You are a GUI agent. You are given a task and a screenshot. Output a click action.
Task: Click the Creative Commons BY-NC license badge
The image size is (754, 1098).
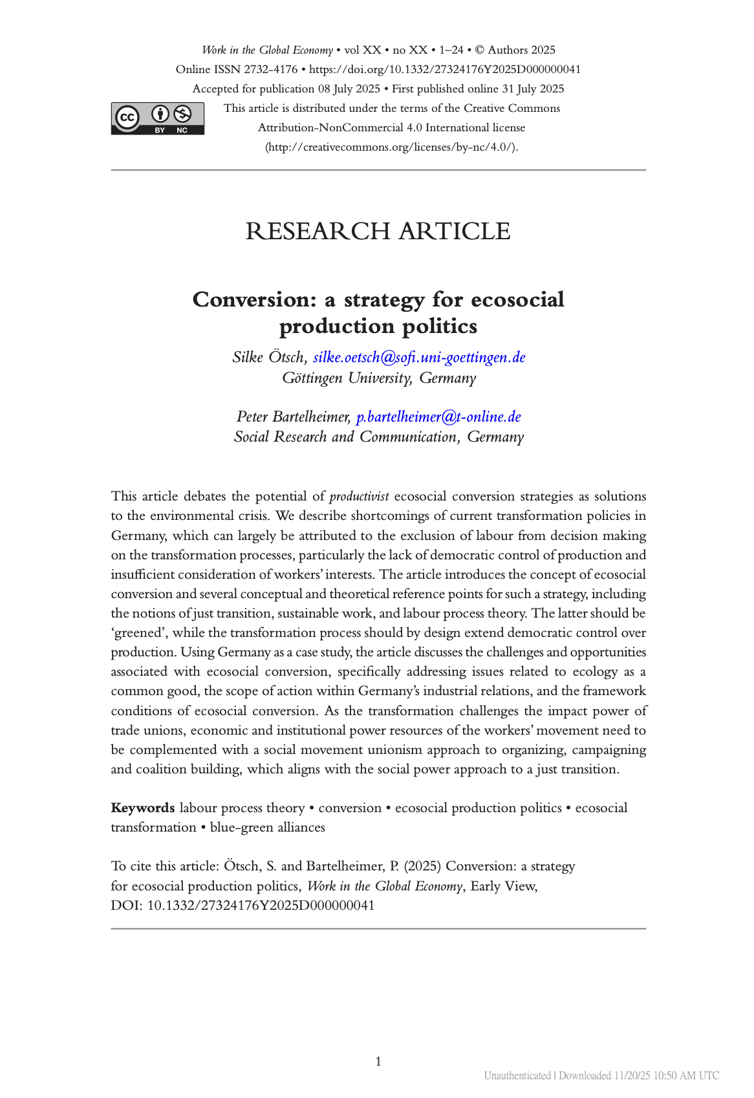(157, 118)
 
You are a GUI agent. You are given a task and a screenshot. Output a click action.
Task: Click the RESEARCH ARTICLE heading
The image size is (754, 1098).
(378, 231)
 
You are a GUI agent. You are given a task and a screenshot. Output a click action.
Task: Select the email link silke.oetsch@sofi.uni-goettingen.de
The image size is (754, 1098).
(419, 357)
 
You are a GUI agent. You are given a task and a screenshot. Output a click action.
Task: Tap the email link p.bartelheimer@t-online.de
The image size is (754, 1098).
(438, 416)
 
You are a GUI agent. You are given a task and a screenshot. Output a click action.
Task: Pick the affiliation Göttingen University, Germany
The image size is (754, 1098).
(378, 378)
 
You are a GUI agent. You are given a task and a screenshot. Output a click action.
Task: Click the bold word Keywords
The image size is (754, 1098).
(142, 808)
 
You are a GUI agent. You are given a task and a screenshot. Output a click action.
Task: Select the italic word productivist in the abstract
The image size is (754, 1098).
(359, 497)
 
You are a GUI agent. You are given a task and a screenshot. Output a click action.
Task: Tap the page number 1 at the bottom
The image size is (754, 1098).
(378, 1061)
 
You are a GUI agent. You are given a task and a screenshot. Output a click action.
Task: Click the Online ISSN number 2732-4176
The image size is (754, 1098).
(270, 69)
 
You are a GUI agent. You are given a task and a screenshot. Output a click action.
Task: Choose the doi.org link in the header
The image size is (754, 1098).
(444, 69)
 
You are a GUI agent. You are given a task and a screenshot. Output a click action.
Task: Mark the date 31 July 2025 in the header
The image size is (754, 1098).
(533, 89)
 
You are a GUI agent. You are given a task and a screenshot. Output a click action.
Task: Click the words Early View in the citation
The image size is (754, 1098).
(503, 886)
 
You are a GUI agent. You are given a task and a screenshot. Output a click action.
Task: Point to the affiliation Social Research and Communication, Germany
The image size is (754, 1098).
(378, 437)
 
